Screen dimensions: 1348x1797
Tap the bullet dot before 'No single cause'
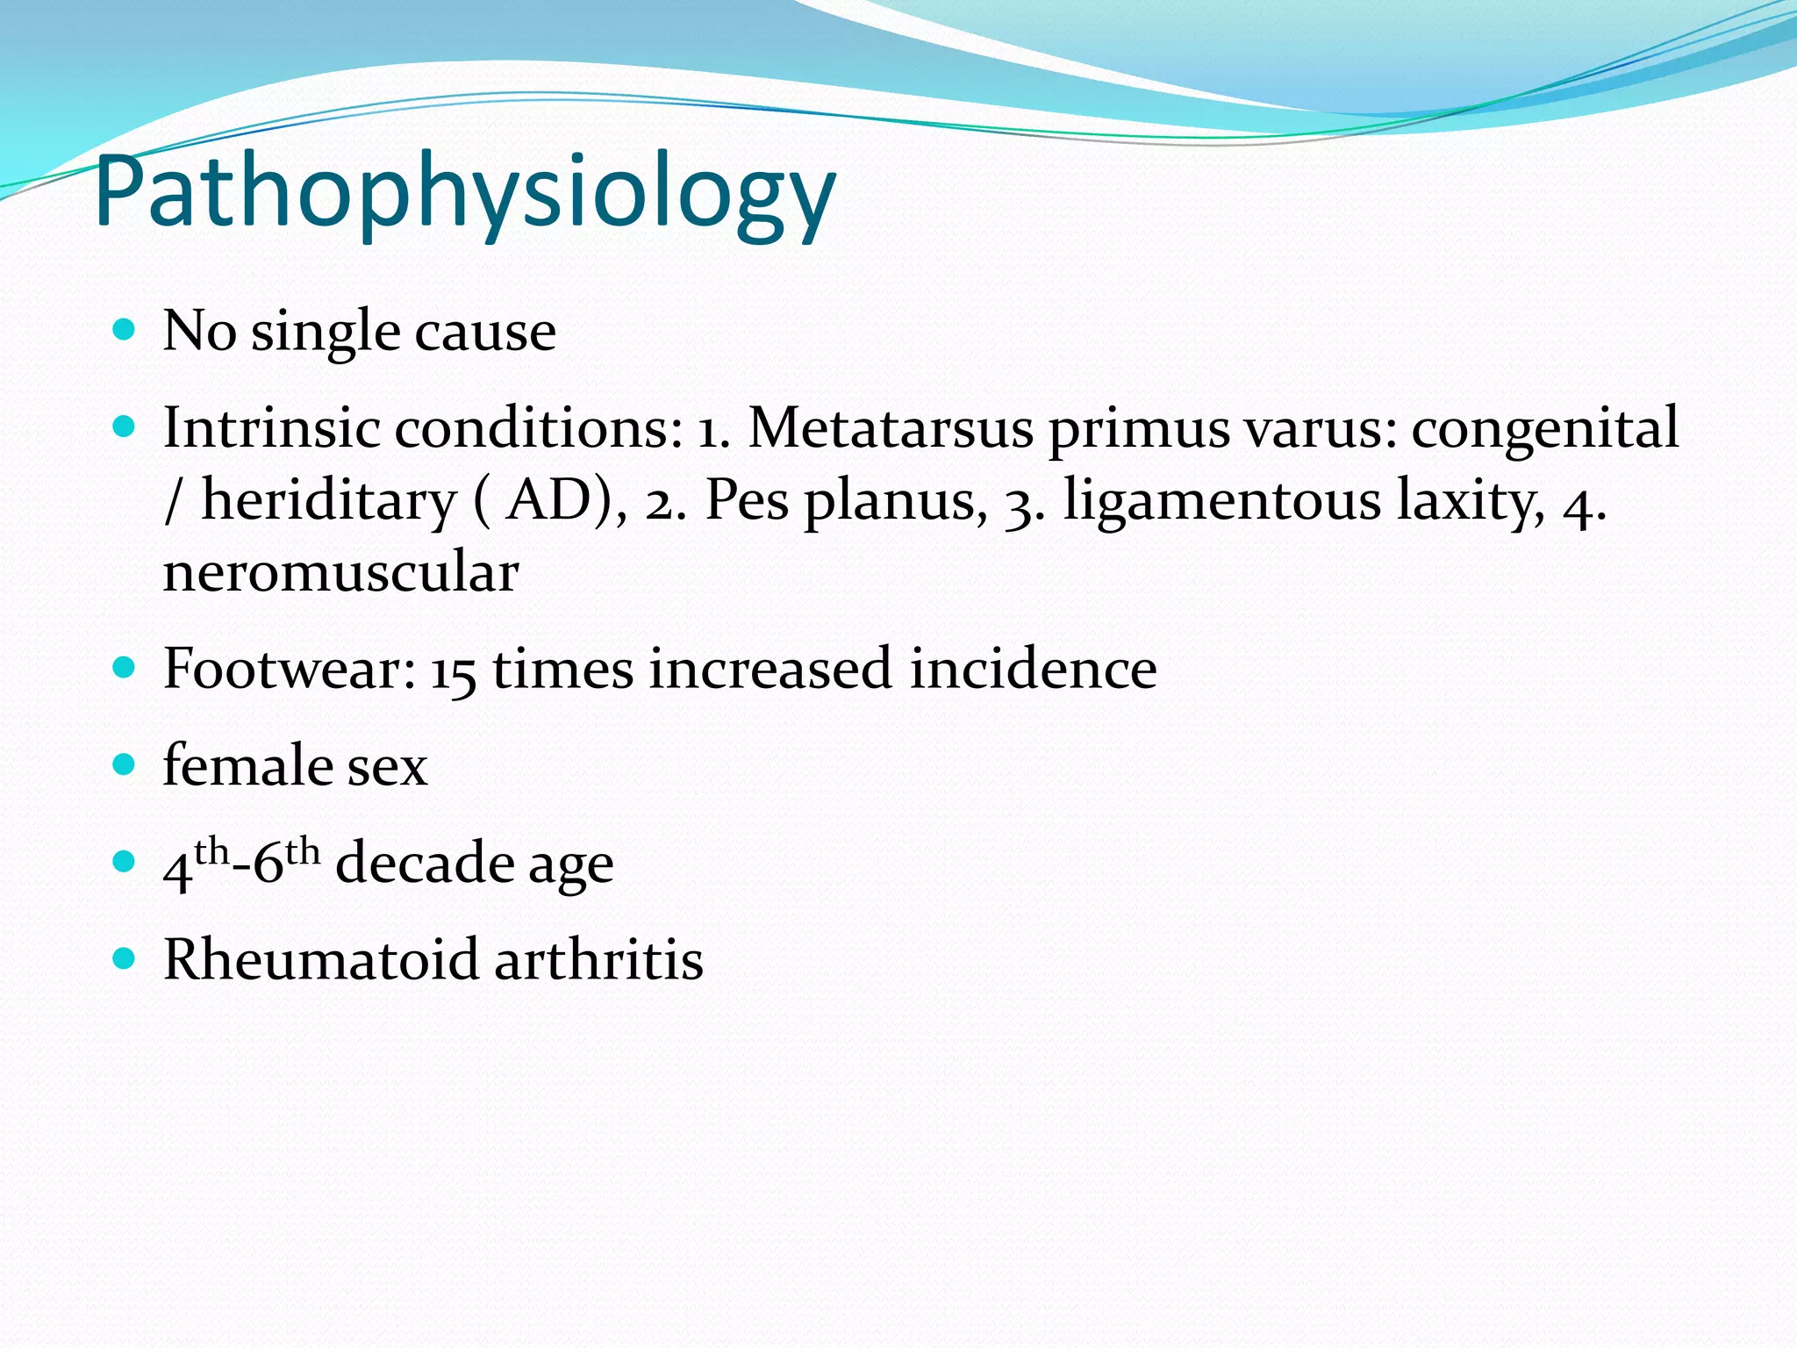[x=125, y=330]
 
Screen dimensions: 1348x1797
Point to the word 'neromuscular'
[x=340, y=572]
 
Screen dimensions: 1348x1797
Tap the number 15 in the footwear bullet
[x=453, y=671]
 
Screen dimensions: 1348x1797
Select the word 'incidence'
[x=1033, y=669]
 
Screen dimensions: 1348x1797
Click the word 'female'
[x=247, y=765]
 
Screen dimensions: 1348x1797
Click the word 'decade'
[x=424, y=863]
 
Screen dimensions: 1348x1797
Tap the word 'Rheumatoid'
[x=320, y=959]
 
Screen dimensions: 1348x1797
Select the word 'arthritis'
[x=598, y=959]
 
